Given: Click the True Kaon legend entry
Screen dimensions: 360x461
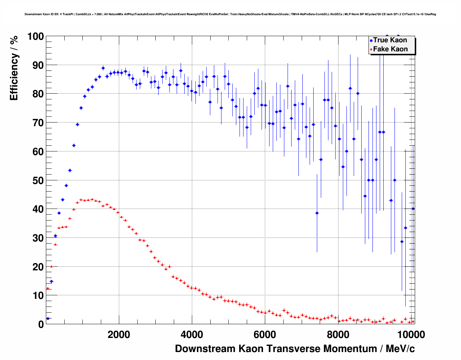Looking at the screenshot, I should pyautogui.click(x=390, y=40).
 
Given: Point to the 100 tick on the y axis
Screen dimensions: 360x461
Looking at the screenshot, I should pyautogui.click(x=35, y=37).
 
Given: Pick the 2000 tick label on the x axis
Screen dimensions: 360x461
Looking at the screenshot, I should pyautogui.click(x=119, y=334).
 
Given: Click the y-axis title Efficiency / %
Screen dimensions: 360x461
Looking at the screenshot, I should pyautogui.click(x=14, y=68).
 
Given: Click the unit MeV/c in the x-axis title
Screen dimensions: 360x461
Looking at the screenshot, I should pyautogui.click(x=400, y=349).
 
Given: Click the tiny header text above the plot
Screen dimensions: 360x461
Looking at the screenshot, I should pyautogui.click(x=230, y=14).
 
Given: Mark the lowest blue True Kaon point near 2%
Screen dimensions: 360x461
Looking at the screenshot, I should pyautogui.click(x=48, y=318).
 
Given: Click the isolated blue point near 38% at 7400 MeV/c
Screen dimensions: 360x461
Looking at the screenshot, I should pyautogui.click(x=317, y=213).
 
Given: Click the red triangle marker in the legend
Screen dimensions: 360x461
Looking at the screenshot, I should pyautogui.click(x=371, y=50).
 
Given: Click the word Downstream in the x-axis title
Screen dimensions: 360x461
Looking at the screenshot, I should pyautogui.click(x=204, y=349).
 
